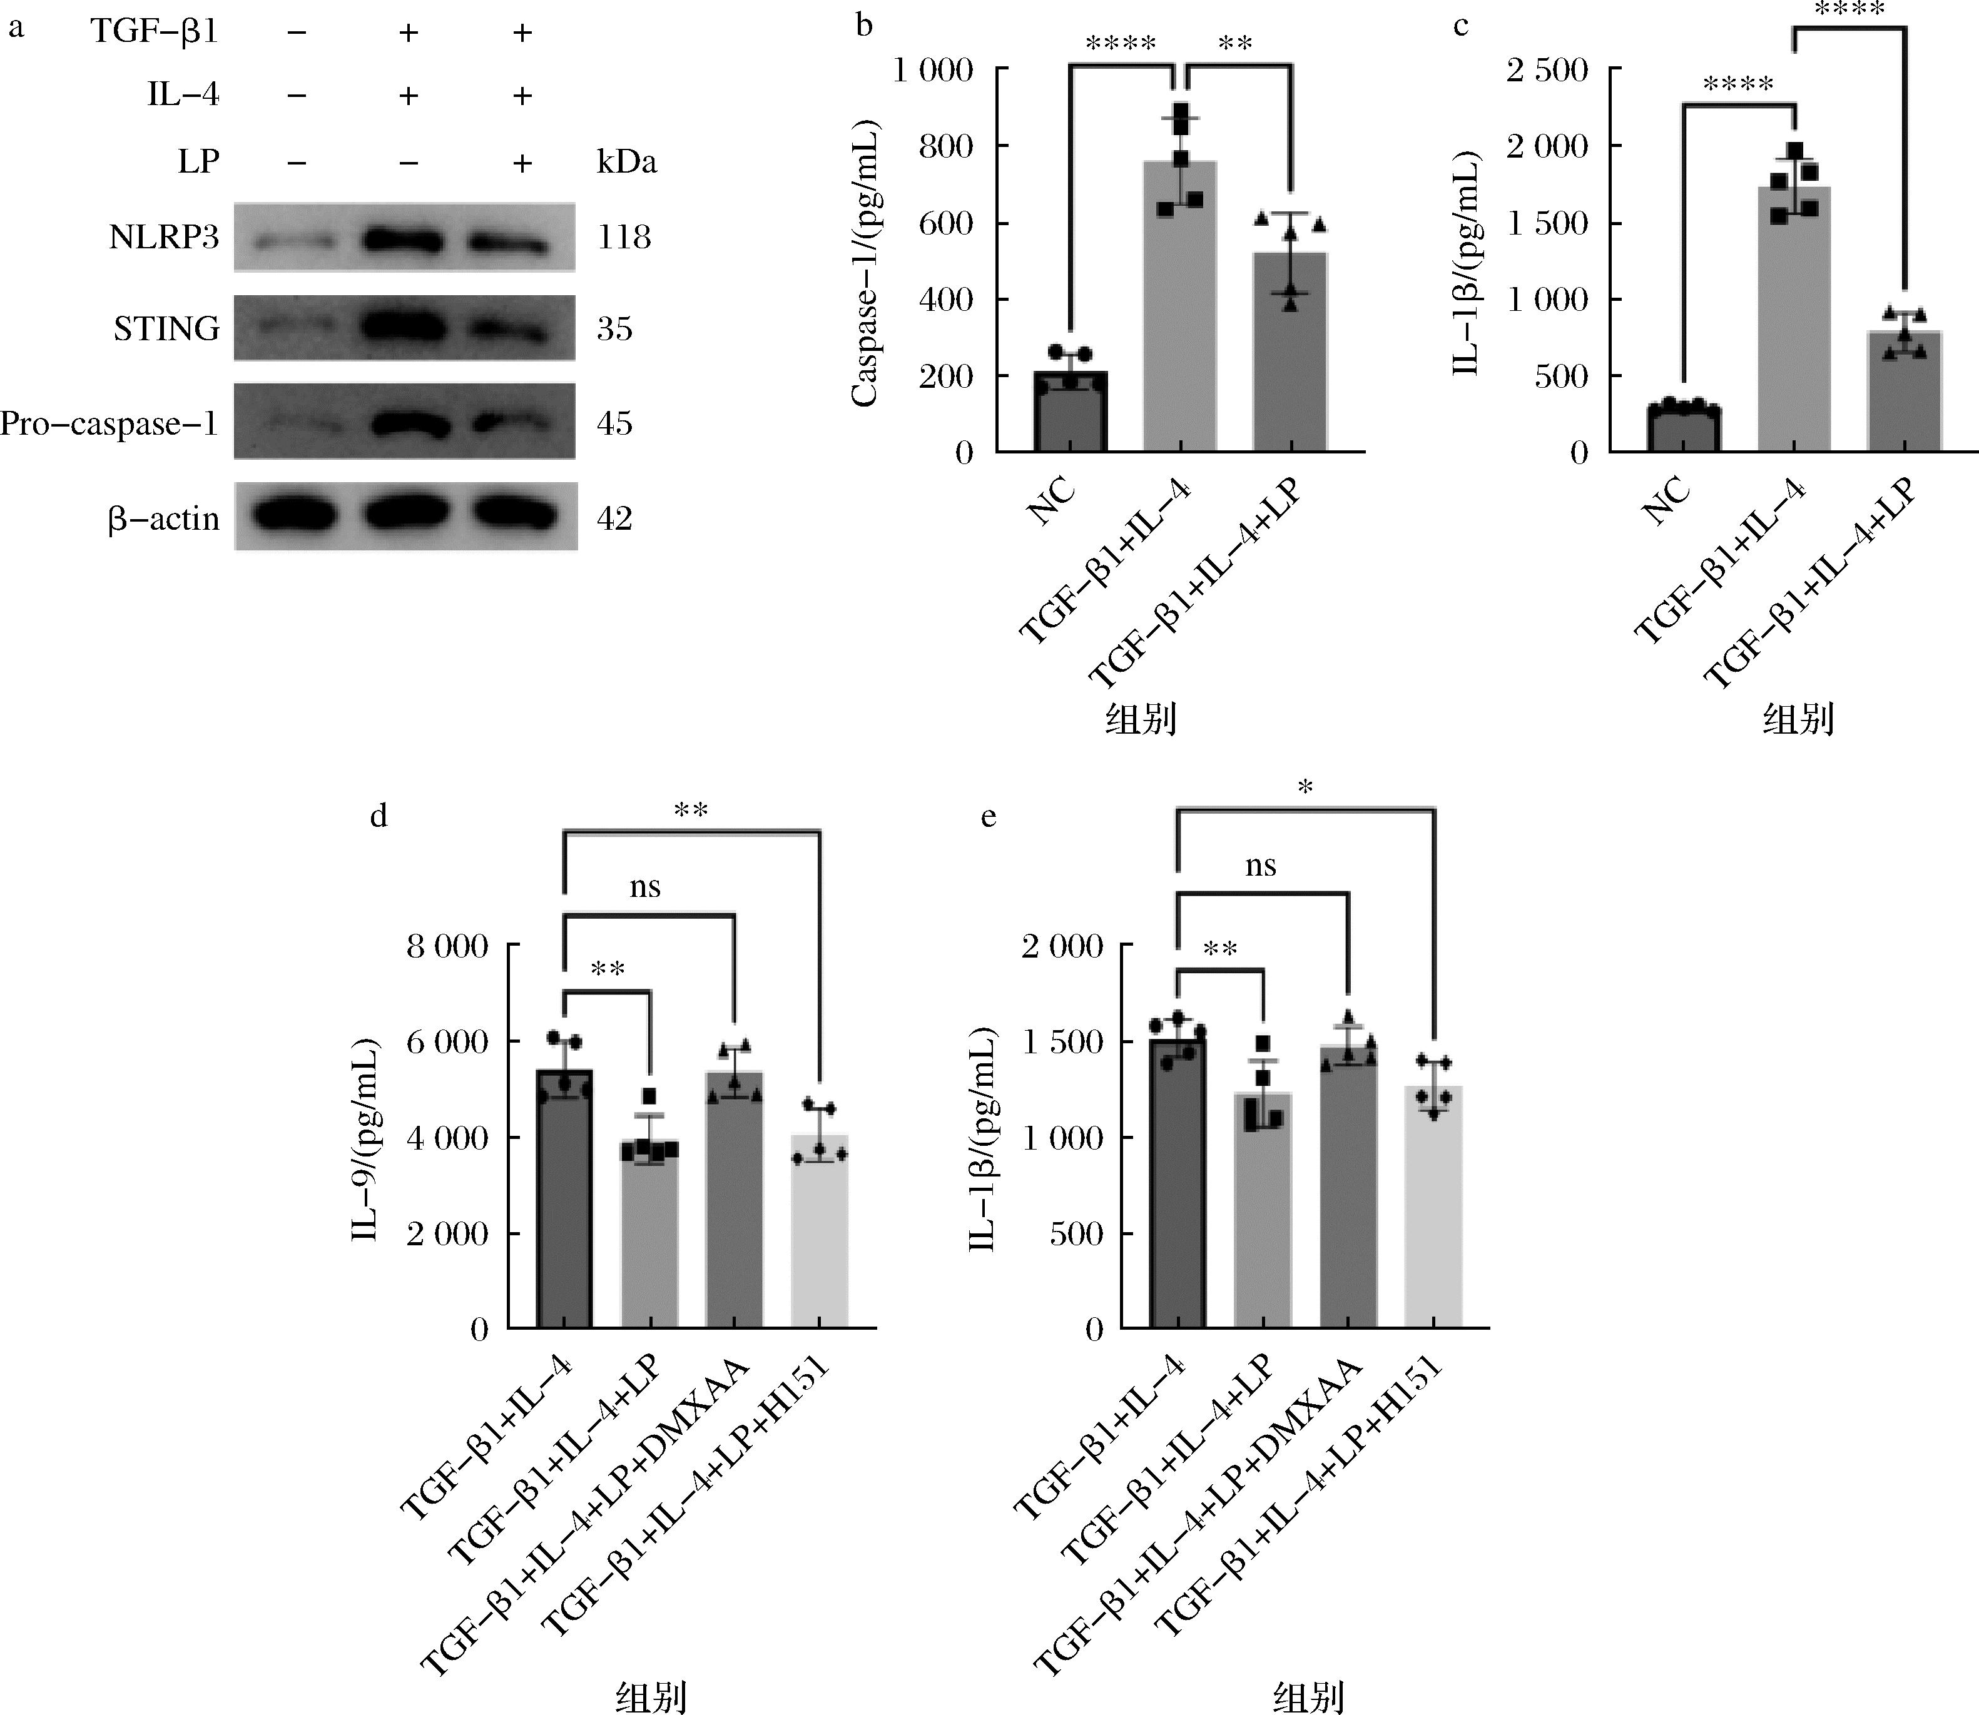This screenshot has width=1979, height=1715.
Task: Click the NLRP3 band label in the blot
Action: point(164,237)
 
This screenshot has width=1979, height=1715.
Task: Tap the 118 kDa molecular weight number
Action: point(624,237)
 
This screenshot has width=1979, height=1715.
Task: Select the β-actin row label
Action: point(164,519)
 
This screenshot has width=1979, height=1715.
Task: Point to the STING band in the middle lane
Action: point(407,328)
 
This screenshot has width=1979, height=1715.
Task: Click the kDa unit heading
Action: point(627,163)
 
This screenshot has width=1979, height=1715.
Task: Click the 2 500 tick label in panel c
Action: point(1547,70)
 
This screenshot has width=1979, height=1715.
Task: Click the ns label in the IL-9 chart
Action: point(645,886)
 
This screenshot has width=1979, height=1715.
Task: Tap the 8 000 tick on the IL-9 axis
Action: point(447,946)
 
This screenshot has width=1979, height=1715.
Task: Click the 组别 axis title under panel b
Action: point(1141,718)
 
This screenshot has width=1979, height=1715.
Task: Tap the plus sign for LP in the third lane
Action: point(522,163)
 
